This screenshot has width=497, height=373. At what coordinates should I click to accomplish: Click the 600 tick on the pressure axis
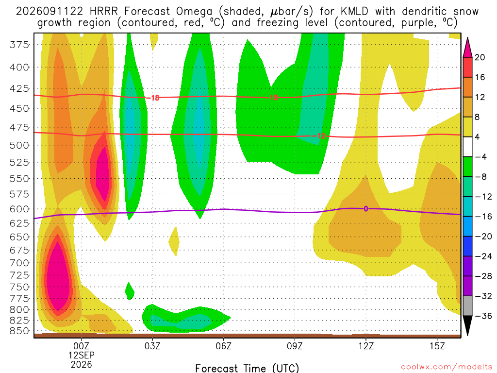point(19,209)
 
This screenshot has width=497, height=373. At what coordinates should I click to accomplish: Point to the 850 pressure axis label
point(19,331)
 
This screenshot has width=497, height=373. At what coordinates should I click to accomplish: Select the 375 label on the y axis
point(19,45)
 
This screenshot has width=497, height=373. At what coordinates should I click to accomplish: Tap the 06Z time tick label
point(223,346)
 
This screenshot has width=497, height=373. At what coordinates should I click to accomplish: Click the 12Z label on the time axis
point(366,346)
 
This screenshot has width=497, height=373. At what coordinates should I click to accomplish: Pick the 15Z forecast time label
point(437,346)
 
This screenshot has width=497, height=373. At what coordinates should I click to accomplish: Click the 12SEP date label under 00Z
point(82,355)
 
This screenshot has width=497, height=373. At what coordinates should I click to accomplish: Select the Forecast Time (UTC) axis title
point(247,368)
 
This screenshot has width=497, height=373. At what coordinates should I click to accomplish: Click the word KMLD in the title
point(354,12)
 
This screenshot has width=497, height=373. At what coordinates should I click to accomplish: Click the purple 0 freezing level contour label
point(366,209)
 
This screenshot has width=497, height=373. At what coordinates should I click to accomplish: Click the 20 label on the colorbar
point(480,57)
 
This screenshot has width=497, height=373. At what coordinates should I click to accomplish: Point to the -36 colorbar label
point(483,316)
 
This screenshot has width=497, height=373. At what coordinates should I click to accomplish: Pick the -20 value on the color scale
point(483,237)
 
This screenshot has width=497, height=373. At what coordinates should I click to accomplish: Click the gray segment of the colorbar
point(467,306)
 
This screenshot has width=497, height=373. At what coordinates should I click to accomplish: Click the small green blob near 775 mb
point(129,291)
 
